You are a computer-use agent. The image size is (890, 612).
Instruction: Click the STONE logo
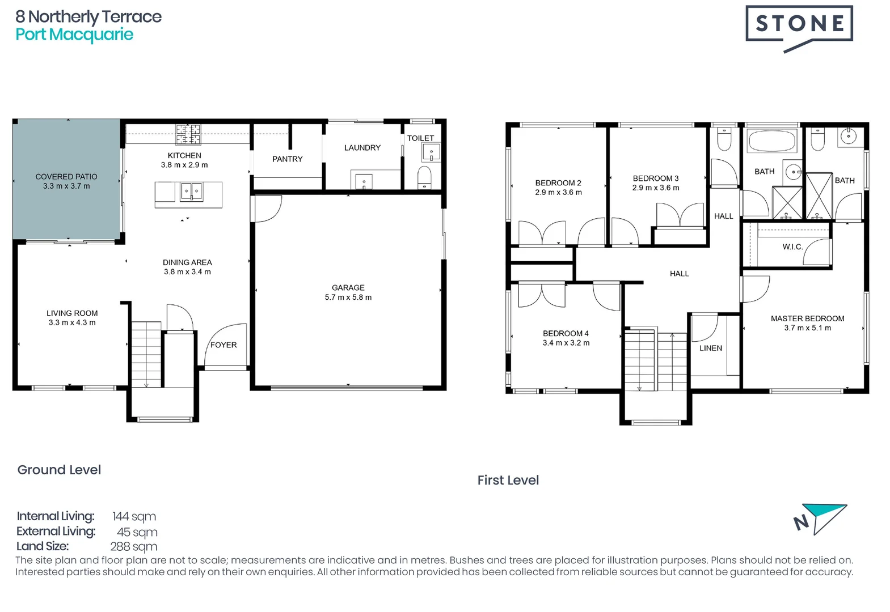point(799,24)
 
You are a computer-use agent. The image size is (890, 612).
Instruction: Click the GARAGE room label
point(348,287)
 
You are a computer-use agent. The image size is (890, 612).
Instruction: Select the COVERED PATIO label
point(66,176)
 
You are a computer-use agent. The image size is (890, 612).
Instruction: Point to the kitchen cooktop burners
point(188,135)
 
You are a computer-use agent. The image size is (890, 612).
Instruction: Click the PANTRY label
point(287,159)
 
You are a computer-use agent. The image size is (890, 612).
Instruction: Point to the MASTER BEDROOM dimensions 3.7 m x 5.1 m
point(807,328)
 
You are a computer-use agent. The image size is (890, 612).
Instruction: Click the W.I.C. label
point(792,246)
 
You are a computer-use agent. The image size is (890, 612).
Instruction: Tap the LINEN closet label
point(710,348)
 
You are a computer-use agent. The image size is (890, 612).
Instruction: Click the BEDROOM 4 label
point(565,333)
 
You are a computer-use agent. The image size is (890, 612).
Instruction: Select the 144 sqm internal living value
point(134,516)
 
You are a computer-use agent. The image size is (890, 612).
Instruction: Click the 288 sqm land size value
point(133,547)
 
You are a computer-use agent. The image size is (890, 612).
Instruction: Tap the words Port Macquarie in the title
point(74,35)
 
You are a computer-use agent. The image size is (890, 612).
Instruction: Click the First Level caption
point(508,480)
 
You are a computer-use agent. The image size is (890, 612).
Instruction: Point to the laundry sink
point(364,181)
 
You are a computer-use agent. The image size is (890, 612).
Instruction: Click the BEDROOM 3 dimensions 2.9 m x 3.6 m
point(655,188)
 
